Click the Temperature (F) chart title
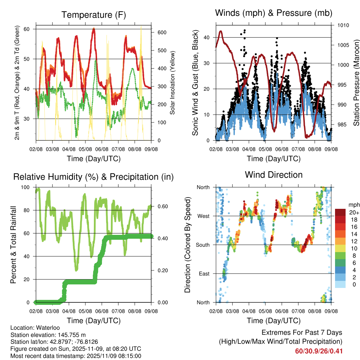click(x=93, y=15)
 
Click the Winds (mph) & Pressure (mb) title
click(x=274, y=13)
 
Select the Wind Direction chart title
click(x=274, y=174)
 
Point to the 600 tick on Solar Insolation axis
click(x=161, y=32)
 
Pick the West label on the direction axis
click(x=203, y=216)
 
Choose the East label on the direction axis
click(x=204, y=274)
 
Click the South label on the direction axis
click(x=202, y=245)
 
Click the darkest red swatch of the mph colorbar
click(x=340, y=212)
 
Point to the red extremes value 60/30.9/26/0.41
click(x=319, y=351)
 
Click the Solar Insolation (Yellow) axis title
click(x=172, y=83)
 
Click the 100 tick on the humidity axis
click(x=26, y=187)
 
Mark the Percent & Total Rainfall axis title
click(x=13, y=245)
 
